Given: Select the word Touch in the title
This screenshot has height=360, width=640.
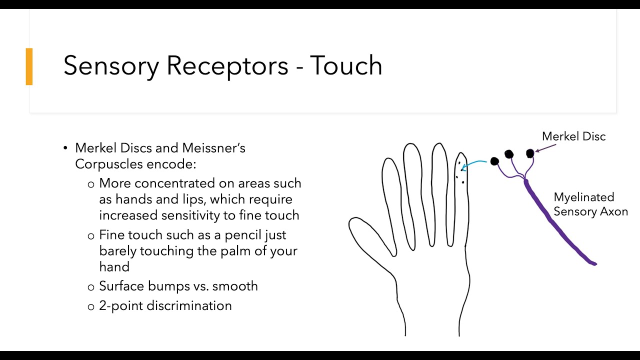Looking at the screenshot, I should pyautogui.click(x=346, y=65).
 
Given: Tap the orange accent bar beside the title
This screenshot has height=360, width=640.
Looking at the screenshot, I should pyautogui.click(x=29, y=66).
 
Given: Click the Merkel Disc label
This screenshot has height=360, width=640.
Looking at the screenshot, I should pyautogui.click(x=573, y=136).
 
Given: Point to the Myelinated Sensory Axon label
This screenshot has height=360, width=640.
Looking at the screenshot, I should pyautogui.click(x=590, y=204).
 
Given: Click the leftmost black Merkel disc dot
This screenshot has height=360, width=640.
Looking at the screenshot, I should pyautogui.click(x=494, y=161).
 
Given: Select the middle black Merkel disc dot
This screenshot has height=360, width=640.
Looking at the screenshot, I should pyautogui.click(x=509, y=154).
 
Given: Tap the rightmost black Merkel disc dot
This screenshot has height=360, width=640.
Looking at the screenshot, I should pyautogui.click(x=530, y=153).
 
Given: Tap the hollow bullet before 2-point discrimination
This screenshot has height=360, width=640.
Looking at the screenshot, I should pyautogui.click(x=91, y=306).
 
